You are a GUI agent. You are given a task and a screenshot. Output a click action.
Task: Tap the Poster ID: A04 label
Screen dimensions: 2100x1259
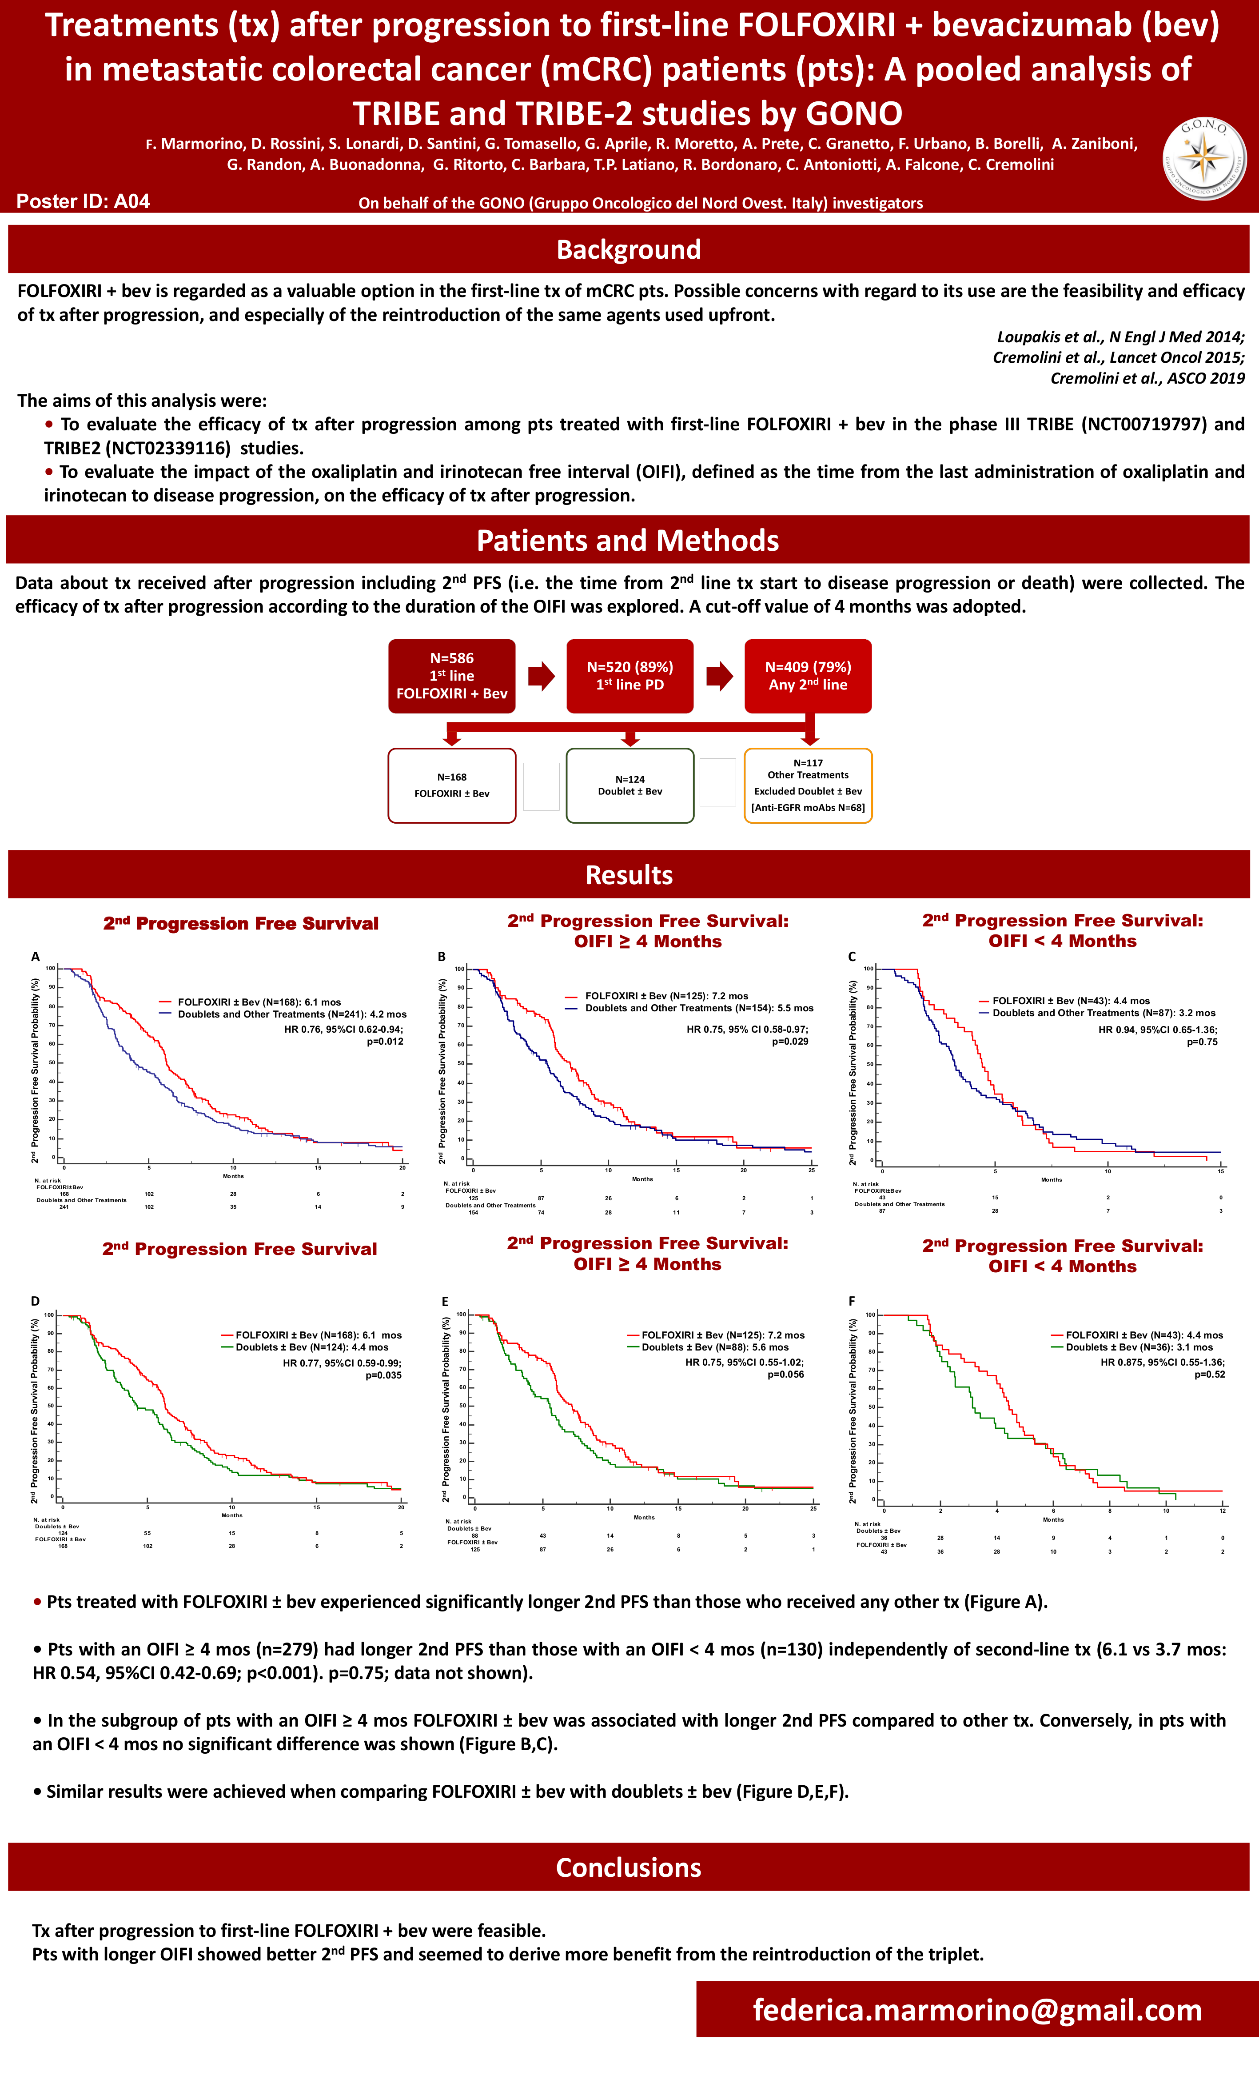point(83,201)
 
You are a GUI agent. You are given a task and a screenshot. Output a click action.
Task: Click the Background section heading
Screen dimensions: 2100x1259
point(629,249)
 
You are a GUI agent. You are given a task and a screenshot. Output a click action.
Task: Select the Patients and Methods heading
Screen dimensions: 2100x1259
point(628,541)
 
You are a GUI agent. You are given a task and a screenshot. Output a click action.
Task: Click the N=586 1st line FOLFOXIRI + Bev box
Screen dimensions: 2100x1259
point(451,676)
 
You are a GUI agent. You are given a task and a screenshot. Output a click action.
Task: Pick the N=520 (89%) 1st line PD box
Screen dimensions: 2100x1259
point(629,676)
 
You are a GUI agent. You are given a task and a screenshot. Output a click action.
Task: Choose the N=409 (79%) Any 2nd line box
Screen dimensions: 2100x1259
point(808,676)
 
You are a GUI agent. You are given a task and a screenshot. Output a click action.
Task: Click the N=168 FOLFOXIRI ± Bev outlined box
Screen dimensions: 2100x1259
point(451,785)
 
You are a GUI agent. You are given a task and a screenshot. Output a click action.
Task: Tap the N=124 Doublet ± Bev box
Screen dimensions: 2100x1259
point(629,785)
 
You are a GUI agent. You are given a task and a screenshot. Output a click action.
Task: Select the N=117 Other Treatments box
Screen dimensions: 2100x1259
point(808,785)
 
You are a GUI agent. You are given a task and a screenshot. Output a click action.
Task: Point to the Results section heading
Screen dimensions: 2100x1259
point(629,875)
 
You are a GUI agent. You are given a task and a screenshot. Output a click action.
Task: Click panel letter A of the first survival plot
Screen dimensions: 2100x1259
point(36,957)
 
